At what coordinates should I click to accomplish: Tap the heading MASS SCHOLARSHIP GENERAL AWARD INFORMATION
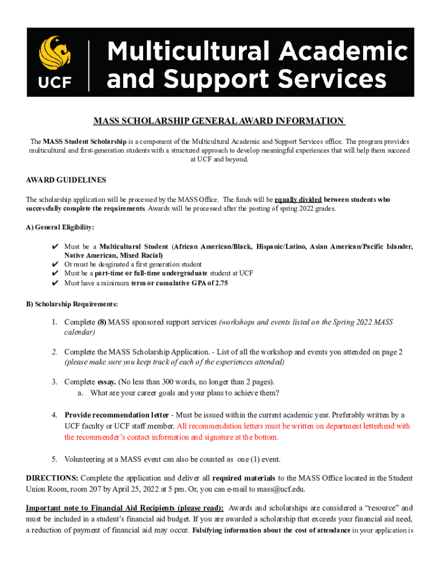click(x=219, y=121)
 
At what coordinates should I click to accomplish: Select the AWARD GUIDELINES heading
click(x=66, y=180)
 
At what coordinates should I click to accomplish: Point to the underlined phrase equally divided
click(x=298, y=200)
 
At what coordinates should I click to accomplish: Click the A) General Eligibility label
click(x=60, y=227)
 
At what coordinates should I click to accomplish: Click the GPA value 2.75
click(x=220, y=283)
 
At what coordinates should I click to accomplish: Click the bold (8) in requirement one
click(x=102, y=322)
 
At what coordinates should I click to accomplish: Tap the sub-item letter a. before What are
click(x=80, y=393)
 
